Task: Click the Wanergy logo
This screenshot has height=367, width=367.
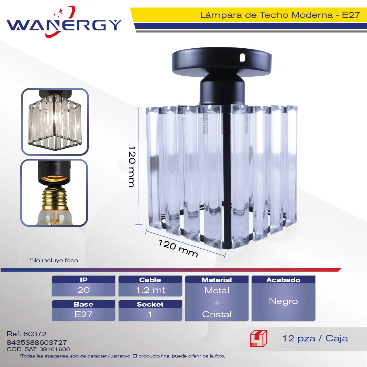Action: [64, 22]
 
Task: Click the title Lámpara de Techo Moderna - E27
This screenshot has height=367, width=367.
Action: [280, 15]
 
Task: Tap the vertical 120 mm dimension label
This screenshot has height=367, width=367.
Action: [132, 167]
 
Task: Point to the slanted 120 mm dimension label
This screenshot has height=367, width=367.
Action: [178, 248]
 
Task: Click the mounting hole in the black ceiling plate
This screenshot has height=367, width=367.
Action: [242, 58]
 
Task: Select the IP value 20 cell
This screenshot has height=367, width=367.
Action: [84, 290]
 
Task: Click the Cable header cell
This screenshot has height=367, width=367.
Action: [150, 280]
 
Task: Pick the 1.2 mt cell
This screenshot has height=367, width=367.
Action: [150, 290]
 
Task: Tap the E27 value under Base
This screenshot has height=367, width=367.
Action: [83, 314]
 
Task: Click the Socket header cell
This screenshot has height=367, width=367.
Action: [150, 304]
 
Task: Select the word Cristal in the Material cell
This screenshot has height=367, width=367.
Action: [217, 314]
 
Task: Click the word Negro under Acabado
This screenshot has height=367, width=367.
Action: [283, 301]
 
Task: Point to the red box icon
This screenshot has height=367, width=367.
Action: [259, 339]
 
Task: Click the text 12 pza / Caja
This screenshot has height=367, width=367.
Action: [315, 339]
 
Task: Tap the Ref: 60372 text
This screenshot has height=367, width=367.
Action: [26, 334]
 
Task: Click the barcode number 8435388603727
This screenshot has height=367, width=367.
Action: [37, 343]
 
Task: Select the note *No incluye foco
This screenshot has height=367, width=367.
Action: [53, 260]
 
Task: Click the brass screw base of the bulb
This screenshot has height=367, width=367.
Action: [54, 196]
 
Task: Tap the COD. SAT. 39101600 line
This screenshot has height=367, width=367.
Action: [38, 349]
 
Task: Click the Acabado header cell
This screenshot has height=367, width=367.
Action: [283, 280]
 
